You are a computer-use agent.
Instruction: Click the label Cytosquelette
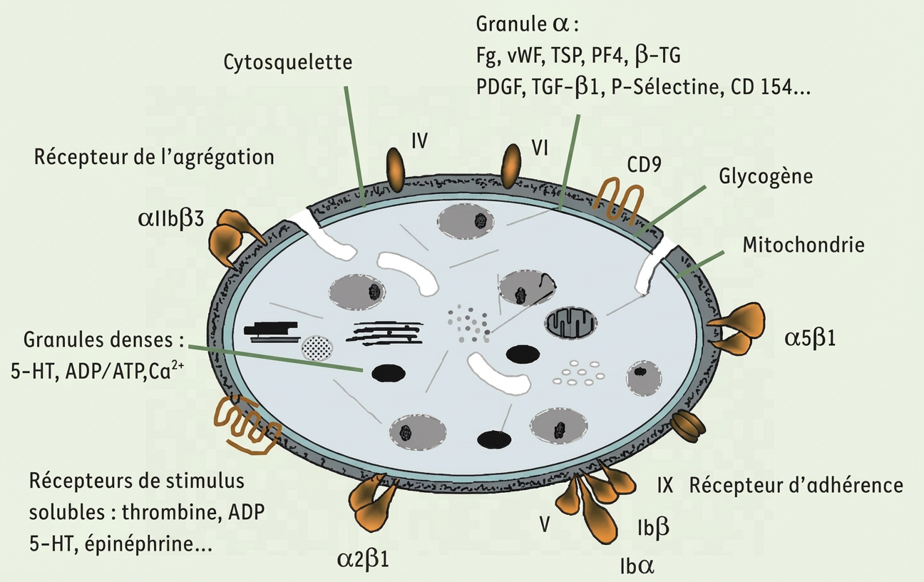287,63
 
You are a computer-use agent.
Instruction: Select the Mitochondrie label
804,245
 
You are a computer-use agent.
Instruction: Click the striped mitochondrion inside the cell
571,324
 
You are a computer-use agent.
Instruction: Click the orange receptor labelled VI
511,164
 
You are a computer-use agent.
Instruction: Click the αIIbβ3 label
171,218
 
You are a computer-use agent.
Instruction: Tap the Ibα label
637,567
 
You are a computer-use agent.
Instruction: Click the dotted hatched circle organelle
318,347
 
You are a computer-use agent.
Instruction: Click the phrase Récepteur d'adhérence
796,486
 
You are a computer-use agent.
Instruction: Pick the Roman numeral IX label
664,486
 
